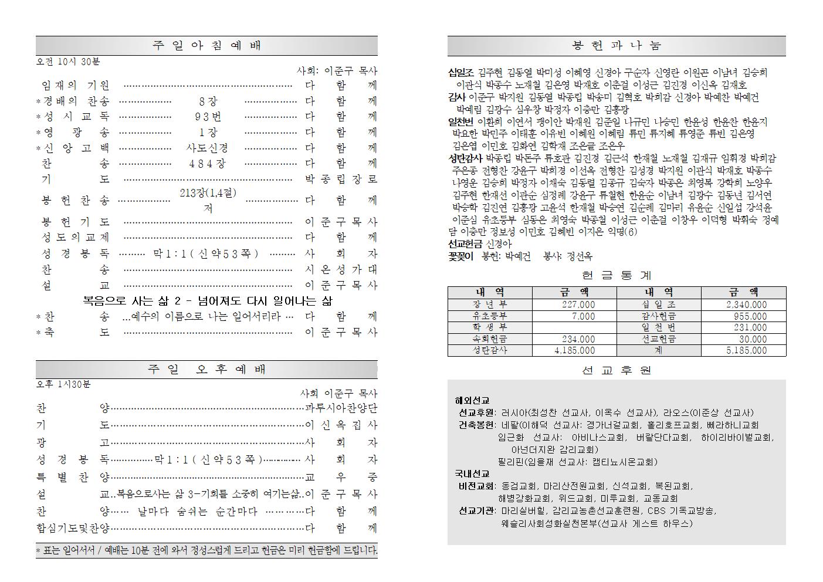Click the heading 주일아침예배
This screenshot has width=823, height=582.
point(206,46)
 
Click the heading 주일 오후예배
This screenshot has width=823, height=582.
point(206,370)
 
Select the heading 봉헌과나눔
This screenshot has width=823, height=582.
point(617,46)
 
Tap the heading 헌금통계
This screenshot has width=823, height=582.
point(617,275)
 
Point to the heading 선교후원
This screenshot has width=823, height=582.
point(617,371)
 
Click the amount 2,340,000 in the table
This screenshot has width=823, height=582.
point(746,304)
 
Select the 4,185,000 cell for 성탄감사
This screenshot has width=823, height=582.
point(574,350)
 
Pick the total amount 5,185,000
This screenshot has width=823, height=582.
point(746,350)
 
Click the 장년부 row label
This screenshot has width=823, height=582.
point(489,304)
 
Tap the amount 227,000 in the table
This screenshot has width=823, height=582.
point(578,304)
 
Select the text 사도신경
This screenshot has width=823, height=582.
point(207,148)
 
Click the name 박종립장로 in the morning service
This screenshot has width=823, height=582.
point(341,180)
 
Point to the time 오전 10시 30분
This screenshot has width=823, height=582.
point(68,61)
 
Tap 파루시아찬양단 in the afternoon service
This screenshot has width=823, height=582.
point(341,408)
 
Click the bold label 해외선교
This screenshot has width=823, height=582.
point(472,401)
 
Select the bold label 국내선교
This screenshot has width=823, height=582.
point(472,473)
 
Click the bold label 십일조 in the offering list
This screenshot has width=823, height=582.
point(461,73)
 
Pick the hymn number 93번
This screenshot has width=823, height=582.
point(207,117)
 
